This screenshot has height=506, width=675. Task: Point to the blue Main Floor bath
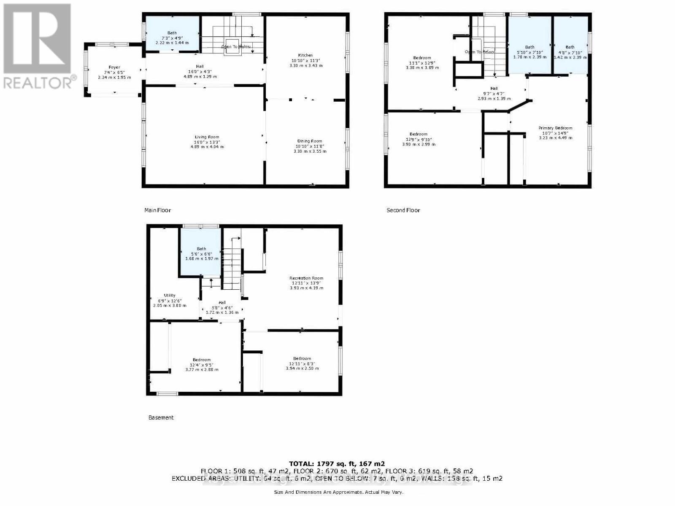172,34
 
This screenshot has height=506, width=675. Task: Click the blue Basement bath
201,253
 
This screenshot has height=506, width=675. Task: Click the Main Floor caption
157,210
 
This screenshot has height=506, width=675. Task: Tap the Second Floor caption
403,210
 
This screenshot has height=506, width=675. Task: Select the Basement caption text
161,417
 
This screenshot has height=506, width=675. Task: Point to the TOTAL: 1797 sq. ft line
337,464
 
